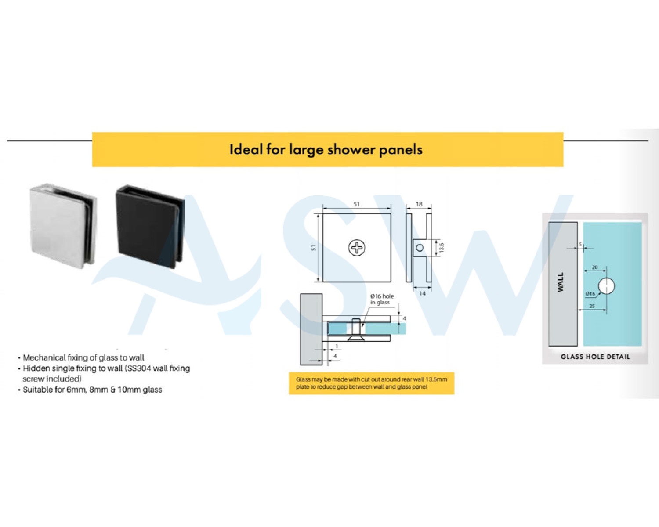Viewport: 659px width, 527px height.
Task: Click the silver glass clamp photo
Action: (63, 226)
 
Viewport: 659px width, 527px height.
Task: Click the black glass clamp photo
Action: (150, 227)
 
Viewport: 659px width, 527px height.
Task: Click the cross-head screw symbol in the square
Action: (357, 248)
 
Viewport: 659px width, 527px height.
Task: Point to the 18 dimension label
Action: (419, 204)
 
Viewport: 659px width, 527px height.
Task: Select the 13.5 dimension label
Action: (441, 247)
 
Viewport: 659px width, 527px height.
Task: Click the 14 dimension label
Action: (422, 294)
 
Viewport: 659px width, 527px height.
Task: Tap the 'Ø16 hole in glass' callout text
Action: (382, 299)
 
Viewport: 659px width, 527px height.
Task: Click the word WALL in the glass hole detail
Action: (560, 282)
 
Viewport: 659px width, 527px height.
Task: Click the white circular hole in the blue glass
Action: (606, 286)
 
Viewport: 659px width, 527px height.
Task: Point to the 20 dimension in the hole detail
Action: (595, 267)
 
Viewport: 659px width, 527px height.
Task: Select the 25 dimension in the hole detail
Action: (592, 306)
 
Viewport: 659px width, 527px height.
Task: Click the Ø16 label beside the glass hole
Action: (590, 294)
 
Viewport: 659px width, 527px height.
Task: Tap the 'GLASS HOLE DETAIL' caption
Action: (595, 357)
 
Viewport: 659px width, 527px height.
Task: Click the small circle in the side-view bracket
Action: (420, 248)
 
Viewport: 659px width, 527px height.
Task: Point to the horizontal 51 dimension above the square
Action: (356, 204)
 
